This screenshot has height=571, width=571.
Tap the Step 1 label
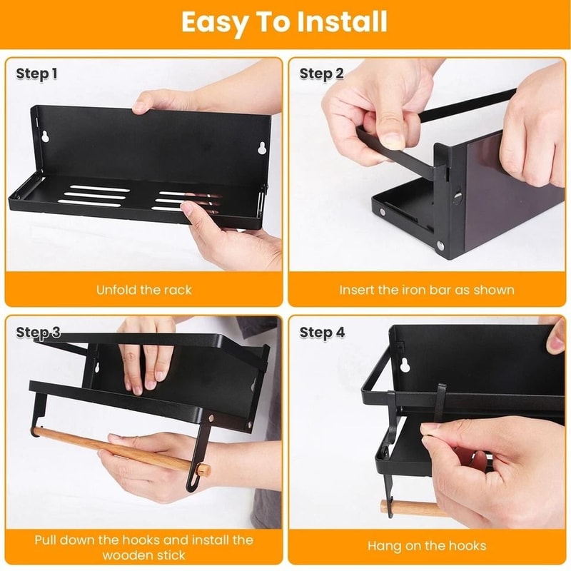pos(36,74)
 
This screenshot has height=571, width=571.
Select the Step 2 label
pos(321,74)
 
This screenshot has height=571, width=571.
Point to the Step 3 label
pos(38,333)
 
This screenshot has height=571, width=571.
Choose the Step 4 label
pos(322,333)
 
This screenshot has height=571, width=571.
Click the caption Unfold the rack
pos(143,290)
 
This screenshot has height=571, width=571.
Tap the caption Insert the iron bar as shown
pos(427,290)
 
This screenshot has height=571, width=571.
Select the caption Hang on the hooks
pos(427,546)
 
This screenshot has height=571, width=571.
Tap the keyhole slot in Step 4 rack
pos(405,365)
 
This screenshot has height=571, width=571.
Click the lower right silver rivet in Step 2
pos(440,246)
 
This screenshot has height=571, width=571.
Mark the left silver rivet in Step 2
pos(383,212)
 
